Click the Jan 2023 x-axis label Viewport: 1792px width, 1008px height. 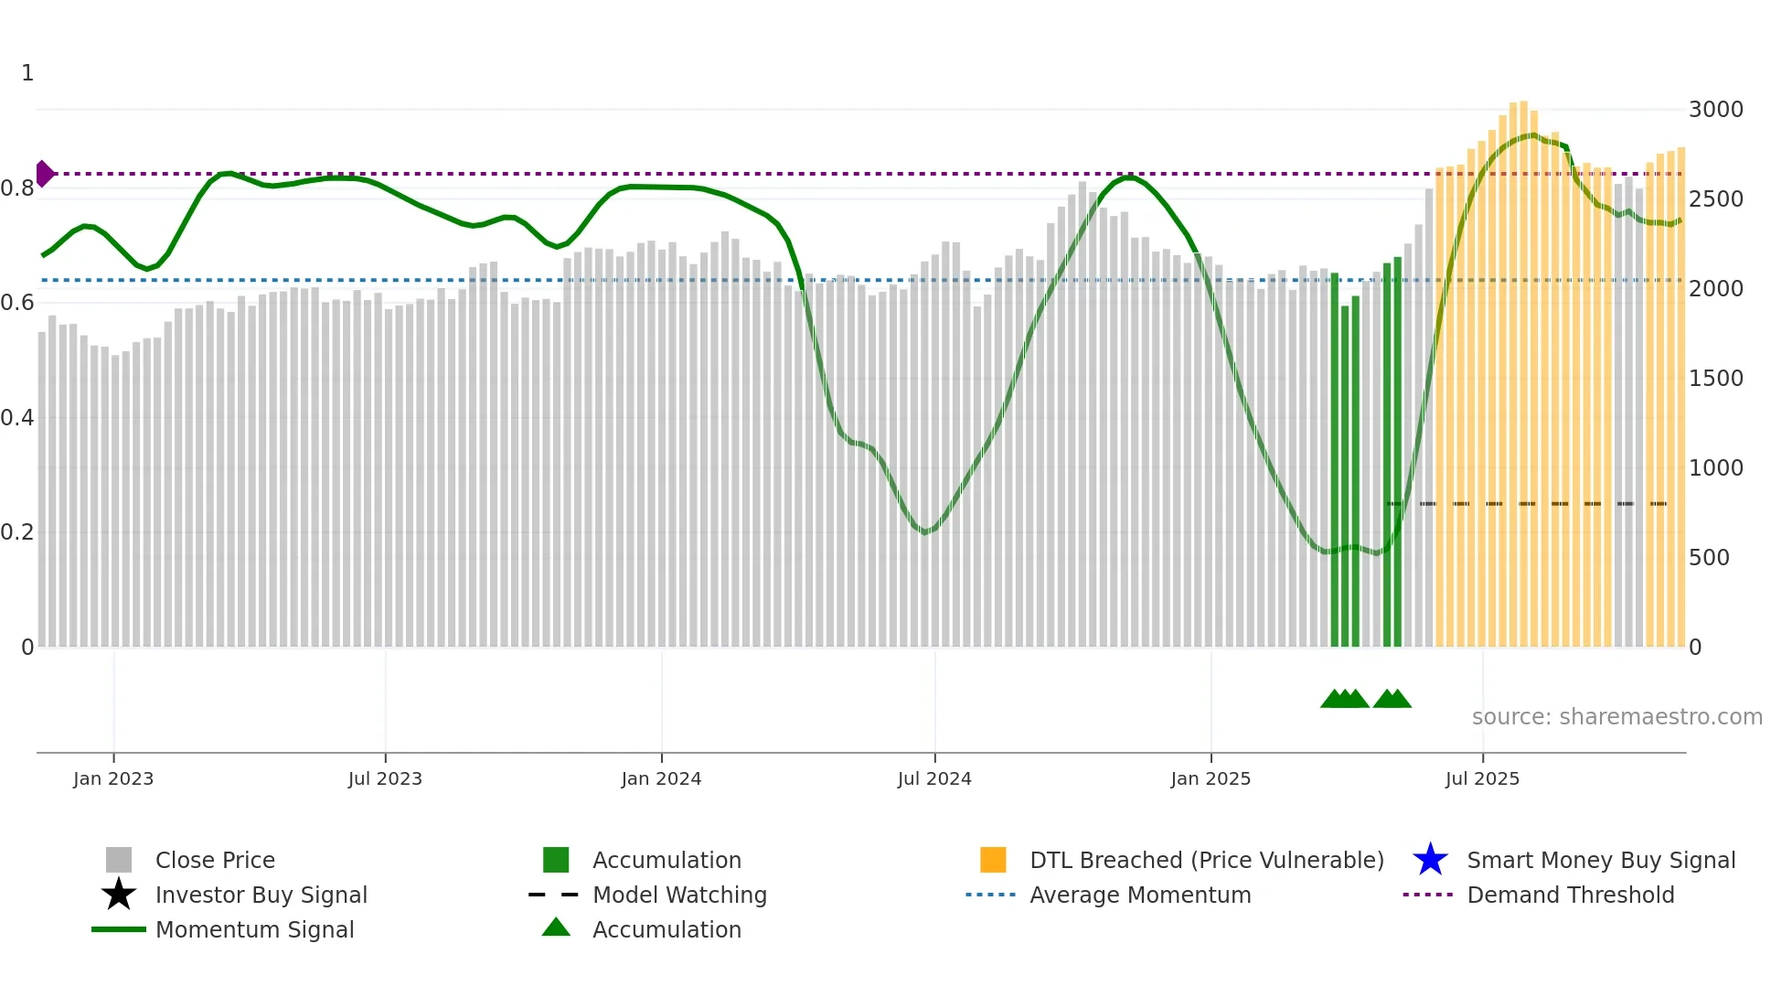tap(113, 778)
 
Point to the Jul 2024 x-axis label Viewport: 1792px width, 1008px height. tap(934, 778)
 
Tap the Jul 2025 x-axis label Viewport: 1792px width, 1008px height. tap(1482, 778)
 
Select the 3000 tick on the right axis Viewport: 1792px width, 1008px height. tap(1715, 110)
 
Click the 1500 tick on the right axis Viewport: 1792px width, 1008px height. tap(1715, 379)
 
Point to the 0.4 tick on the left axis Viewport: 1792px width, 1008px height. tap(17, 418)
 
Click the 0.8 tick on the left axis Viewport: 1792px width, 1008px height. tap(17, 188)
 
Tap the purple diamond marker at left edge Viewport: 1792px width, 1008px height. tap(44, 173)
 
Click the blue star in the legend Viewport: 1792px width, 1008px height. tap(1430, 860)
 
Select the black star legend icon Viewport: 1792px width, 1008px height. tap(119, 895)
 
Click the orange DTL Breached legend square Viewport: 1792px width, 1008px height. tap(993, 860)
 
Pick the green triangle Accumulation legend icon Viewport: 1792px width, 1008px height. tap(556, 928)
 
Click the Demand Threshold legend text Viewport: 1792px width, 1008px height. tap(1570, 895)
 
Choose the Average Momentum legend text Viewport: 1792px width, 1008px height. tap(1140, 895)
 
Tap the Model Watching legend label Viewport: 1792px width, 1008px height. tap(679, 895)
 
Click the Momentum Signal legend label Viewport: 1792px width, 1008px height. tap(254, 929)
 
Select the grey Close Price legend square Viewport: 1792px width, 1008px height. tap(119, 860)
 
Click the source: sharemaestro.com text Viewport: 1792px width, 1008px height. tap(1616, 717)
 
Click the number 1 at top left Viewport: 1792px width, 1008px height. tap(27, 73)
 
